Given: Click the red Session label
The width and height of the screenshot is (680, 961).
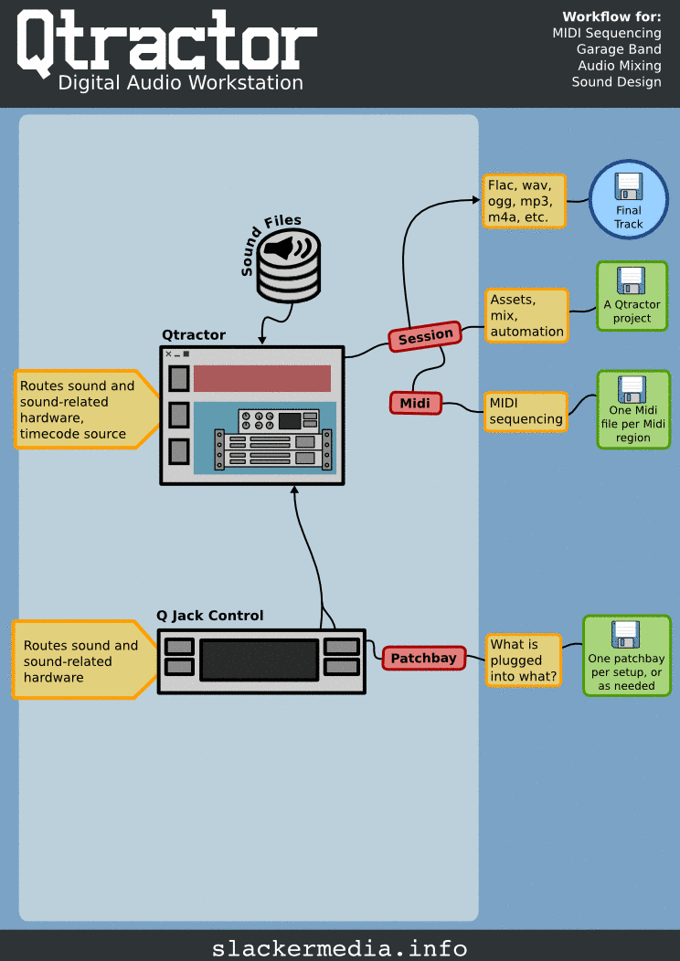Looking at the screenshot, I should [x=425, y=337].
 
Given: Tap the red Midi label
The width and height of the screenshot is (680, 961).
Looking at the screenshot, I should [x=415, y=402].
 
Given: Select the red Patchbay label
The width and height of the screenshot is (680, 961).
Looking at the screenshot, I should [x=423, y=658].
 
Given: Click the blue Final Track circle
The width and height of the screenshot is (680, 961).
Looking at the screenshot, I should [x=628, y=199].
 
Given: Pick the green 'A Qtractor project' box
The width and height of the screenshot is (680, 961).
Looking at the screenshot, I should [x=632, y=296].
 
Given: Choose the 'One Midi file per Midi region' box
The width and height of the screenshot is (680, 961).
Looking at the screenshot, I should [x=632, y=408].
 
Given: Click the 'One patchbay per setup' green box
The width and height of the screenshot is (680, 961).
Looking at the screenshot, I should [x=626, y=655].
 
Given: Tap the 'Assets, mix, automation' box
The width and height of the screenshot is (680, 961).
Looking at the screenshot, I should [x=526, y=315].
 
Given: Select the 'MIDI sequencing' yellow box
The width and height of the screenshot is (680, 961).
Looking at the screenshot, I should [x=526, y=411].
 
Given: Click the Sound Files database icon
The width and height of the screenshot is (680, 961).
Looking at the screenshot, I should [x=289, y=266].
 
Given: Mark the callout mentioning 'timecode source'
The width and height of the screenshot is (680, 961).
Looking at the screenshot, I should [x=80, y=409].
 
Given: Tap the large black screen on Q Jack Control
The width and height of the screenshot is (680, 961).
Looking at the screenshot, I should [x=260, y=660].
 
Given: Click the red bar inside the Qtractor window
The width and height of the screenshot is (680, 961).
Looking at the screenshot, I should [x=261, y=378].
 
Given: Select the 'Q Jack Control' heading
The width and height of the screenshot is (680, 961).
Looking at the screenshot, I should [x=210, y=616].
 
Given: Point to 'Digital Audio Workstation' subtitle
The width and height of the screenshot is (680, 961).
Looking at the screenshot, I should [x=180, y=83].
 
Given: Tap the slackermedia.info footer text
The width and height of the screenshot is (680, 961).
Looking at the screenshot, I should [x=339, y=947].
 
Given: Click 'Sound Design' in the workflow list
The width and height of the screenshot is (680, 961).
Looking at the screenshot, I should [x=616, y=82].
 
